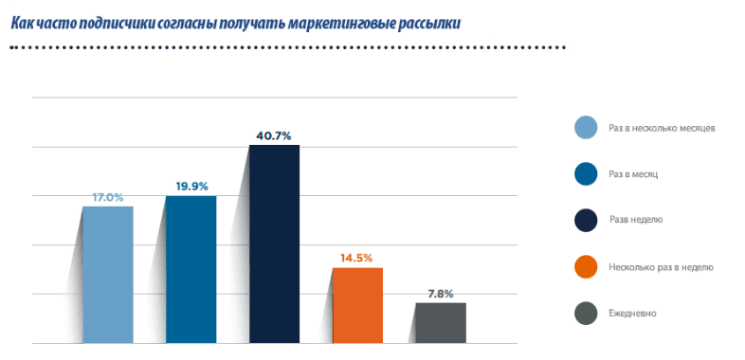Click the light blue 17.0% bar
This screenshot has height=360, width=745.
[x=108, y=275]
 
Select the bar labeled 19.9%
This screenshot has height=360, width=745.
[x=191, y=269]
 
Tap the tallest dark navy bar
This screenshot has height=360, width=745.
[x=275, y=243]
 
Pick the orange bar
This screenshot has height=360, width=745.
[x=357, y=305]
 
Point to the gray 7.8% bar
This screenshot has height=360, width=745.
[x=441, y=323]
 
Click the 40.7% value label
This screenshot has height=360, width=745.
[x=273, y=136]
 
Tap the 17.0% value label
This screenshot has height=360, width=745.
[x=108, y=198]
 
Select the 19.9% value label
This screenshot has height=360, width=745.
[x=192, y=187]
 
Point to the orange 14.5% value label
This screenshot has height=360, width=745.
[x=356, y=259]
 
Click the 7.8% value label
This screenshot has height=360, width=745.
[x=441, y=294]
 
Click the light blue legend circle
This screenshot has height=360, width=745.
[x=586, y=128]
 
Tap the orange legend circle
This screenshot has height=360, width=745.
[x=586, y=267]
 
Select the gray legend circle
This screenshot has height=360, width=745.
[x=586, y=314]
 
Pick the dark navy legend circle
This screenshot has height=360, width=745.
[x=586, y=221]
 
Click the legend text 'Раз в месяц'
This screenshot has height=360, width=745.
[x=633, y=174]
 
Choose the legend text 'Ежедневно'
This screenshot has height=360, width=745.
[x=632, y=314]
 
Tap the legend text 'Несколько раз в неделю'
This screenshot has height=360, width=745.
[x=661, y=267]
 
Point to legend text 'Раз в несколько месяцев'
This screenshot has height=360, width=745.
[x=662, y=128]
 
